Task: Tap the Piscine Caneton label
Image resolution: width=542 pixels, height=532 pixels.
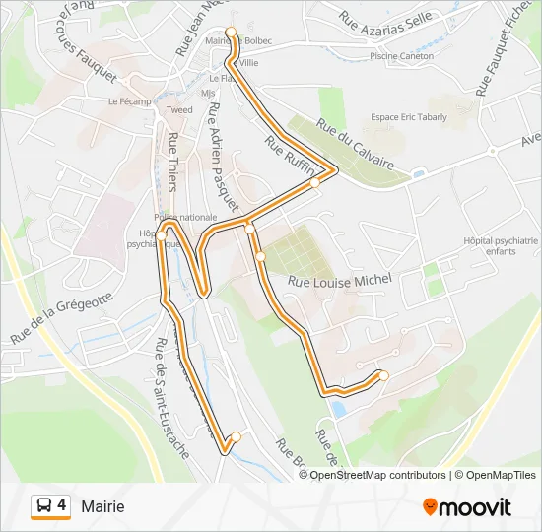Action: (x=401, y=56)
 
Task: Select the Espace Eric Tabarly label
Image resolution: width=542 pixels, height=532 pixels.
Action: (x=408, y=117)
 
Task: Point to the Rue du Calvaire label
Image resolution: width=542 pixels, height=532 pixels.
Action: (x=355, y=144)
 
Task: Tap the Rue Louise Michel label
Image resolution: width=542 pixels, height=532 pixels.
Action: (x=339, y=281)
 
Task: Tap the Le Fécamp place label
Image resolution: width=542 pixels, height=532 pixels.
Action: (x=129, y=101)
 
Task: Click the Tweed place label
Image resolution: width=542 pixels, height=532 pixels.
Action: (x=179, y=110)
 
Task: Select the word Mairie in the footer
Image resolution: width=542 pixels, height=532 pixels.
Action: (x=103, y=506)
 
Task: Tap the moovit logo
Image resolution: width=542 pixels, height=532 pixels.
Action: (x=467, y=507)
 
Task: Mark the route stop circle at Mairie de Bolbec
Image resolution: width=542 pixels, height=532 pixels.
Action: (x=232, y=33)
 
